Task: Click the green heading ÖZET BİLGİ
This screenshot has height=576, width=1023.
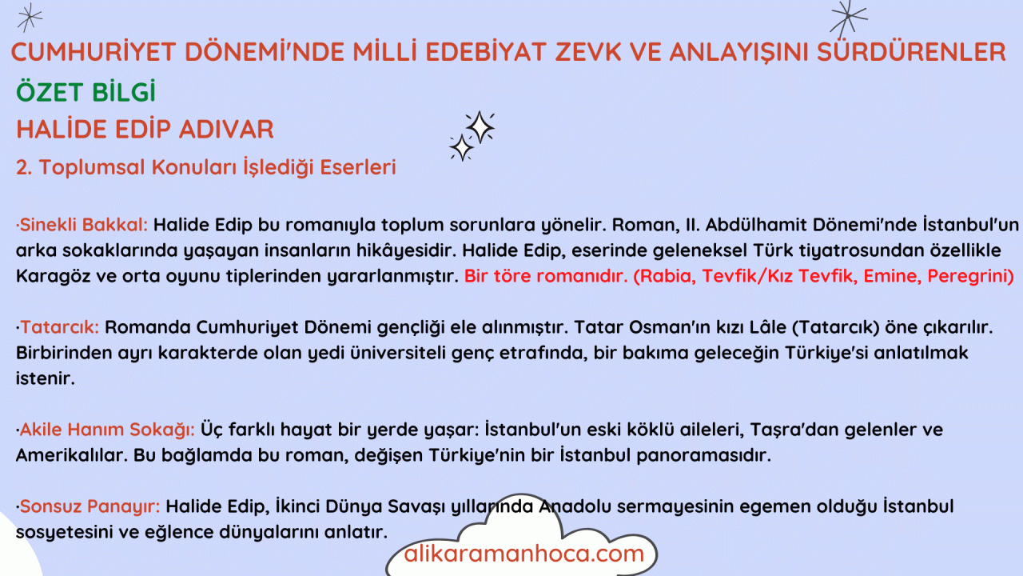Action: tap(86, 92)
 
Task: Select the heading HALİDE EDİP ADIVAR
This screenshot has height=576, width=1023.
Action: tap(145, 129)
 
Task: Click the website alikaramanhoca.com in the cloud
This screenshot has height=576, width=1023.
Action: tap(523, 554)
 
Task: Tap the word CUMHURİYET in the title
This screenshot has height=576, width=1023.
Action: tap(94, 52)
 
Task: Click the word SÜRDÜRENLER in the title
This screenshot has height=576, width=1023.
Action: tap(912, 52)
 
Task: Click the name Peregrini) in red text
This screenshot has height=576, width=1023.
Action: tap(970, 276)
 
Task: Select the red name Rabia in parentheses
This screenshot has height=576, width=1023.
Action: tap(665, 276)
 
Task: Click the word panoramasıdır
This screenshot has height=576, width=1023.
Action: tap(704, 456)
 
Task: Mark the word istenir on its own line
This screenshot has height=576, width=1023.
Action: tap(46, 378)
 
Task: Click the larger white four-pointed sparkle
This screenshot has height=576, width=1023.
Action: tap(480, 126)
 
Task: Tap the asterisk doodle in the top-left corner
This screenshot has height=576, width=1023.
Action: tap(30, 18)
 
